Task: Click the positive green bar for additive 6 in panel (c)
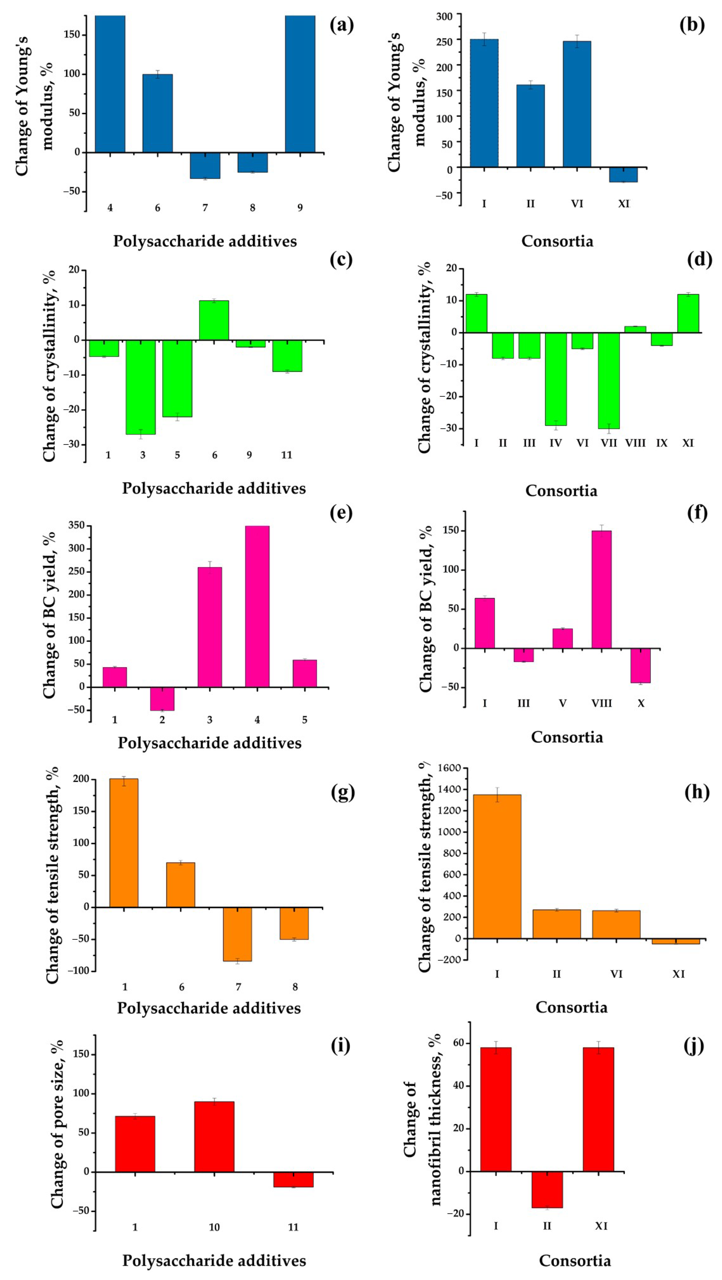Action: tap(214, 321)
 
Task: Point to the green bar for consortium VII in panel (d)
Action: tap(609, 380)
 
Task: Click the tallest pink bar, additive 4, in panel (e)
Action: tap(257, 606)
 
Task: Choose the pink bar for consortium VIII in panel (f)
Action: tap(601, 589)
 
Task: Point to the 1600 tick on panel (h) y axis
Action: tap(449, 768)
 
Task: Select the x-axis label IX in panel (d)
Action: tap(661, 443)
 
